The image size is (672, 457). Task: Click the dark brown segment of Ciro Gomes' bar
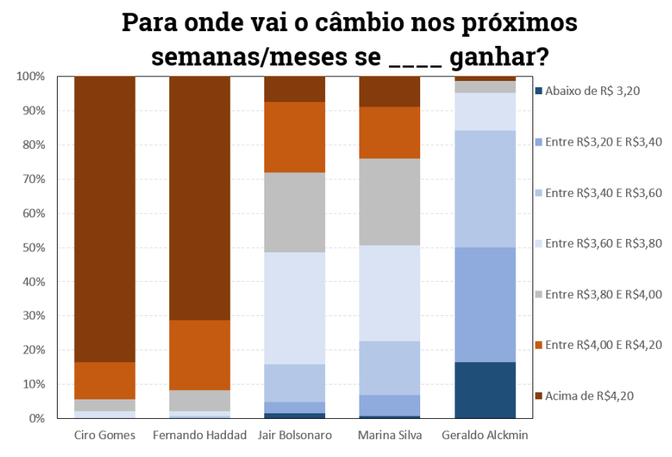(104, 218)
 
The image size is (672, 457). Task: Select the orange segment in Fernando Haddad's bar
(200, 354)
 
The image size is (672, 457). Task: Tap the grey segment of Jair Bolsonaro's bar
(295, 212)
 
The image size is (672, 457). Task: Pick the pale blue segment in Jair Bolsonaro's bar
(295, 308)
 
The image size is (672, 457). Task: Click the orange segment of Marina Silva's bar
(389, 132)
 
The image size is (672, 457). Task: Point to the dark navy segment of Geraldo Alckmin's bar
(485, 389)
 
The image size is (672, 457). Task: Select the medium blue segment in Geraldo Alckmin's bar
(485, 304)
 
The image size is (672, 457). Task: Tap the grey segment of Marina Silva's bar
(389, 202)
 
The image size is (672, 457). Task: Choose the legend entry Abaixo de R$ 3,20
(592, 91)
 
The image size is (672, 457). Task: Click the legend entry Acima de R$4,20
(589, 395)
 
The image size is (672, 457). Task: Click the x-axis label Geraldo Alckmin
(485, 434)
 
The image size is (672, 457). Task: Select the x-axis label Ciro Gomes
(104, 434)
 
